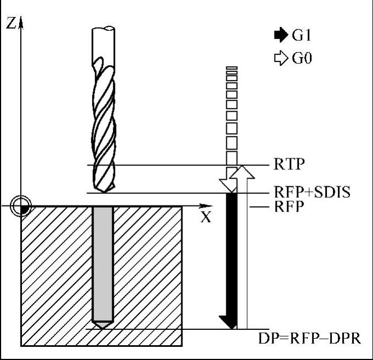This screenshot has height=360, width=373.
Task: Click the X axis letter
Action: (205, 216)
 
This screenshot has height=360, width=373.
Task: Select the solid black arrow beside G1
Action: (281, 36)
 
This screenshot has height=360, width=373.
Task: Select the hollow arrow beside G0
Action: (281, 57)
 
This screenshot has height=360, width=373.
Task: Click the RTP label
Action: (289, 164)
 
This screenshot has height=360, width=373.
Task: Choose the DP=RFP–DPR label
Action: (309, 338)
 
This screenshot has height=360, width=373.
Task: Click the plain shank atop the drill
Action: (103, 41)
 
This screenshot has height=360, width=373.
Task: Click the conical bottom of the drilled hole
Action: (103, 324)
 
